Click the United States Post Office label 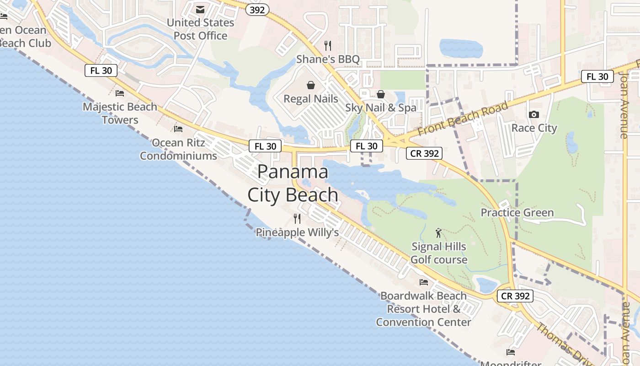200,29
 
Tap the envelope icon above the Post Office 200,10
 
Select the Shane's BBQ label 328,59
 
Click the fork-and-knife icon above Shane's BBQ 328,45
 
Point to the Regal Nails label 311,99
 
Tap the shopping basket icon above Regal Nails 311,85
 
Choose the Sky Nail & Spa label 381,108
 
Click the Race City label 534,128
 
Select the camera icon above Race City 534,114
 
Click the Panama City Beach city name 293,183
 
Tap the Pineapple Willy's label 297,232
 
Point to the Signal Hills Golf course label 439,253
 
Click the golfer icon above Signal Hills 439,233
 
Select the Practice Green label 517,213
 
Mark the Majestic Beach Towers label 120,113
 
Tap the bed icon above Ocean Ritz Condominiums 178,129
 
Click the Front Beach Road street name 463,118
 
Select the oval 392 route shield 257,10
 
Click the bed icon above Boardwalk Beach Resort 424,282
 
